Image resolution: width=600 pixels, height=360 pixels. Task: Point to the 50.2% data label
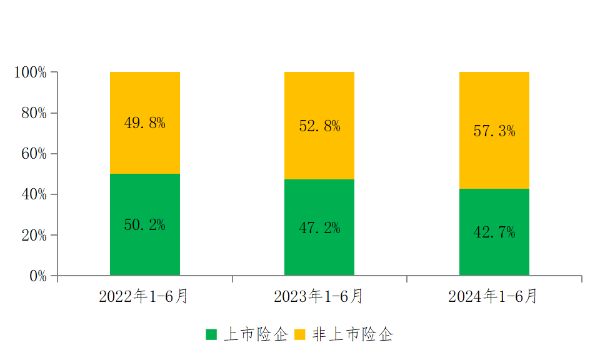(144, 225)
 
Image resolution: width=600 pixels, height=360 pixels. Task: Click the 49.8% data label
(144, 123)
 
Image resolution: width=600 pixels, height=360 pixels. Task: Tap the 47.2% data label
(319, 228)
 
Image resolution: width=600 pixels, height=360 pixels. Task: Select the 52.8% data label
(319, 126)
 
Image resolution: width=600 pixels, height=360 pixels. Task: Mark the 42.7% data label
(494, 232)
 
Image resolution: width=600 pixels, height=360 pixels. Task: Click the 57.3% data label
(494, 131)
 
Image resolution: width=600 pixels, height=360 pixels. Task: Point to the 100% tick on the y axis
(30, 72)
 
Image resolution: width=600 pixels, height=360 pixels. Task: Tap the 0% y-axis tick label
(38, 276)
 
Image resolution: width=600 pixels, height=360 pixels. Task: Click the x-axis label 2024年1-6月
(492, 296)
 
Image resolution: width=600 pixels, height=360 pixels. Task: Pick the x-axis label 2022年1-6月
(143, 296)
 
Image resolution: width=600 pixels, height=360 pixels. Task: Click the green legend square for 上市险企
(212, 334)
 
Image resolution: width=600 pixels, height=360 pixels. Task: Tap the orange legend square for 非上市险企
(300, 334)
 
